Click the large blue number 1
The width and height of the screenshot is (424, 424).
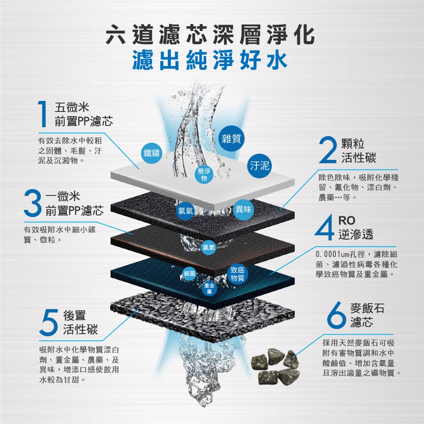43,114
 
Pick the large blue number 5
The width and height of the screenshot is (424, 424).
50,322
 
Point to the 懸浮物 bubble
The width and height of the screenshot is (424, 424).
204,175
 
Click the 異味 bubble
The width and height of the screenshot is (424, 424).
243,209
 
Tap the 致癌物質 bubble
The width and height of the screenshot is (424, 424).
237,274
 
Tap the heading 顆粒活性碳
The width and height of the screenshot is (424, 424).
359,151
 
